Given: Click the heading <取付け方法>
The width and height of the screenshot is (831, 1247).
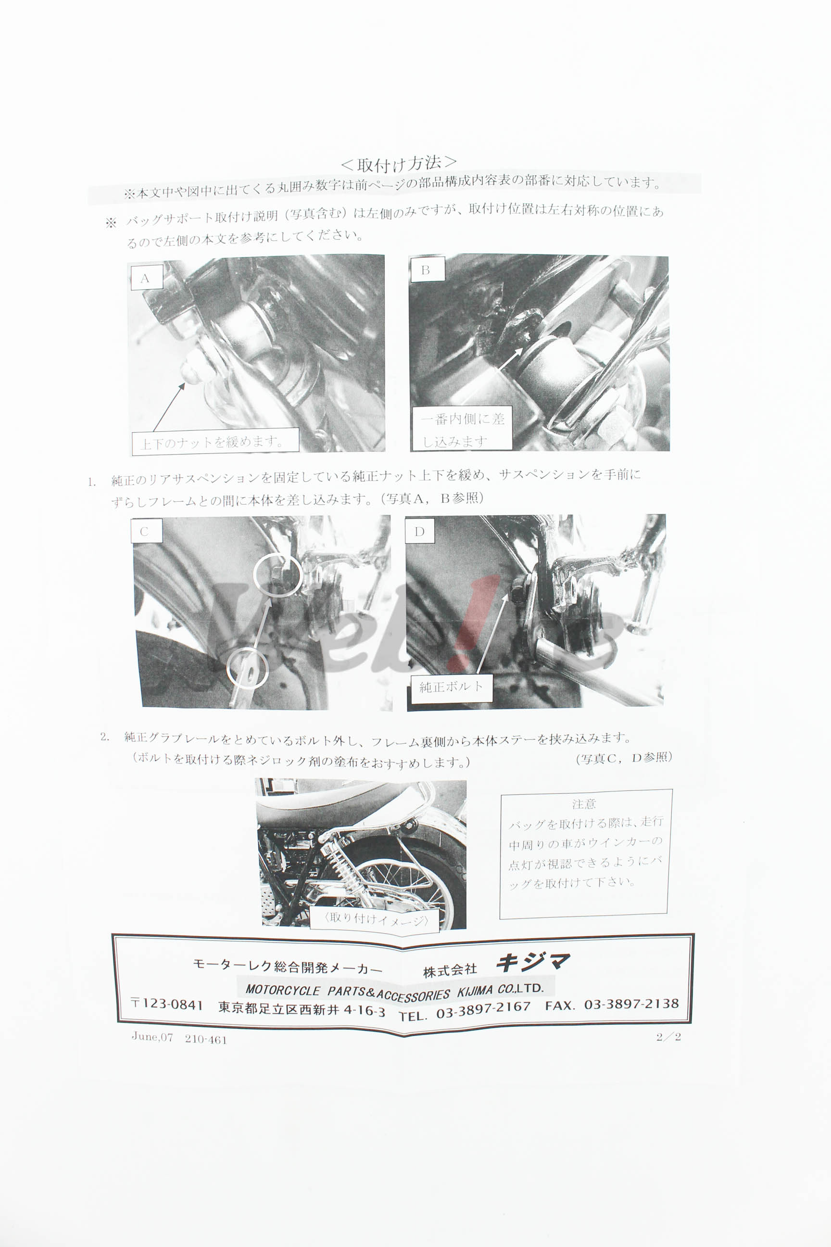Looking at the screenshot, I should pos(399,163).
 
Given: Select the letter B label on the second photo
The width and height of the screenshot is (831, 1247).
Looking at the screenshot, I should pos(426,270).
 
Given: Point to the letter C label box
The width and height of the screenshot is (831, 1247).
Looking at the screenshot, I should pos(145,531).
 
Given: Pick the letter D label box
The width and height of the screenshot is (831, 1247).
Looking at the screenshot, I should pos(420,531).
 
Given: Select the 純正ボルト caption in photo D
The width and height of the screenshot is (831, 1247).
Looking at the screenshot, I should pos(451,687).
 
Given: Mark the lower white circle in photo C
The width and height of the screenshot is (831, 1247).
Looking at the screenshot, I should pos(247,668).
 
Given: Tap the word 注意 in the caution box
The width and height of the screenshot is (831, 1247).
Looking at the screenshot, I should pos(583,804).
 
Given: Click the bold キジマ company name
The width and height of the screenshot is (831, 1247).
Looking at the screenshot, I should pos(533,961).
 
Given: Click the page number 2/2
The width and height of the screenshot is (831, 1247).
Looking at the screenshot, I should pos(668,1036).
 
